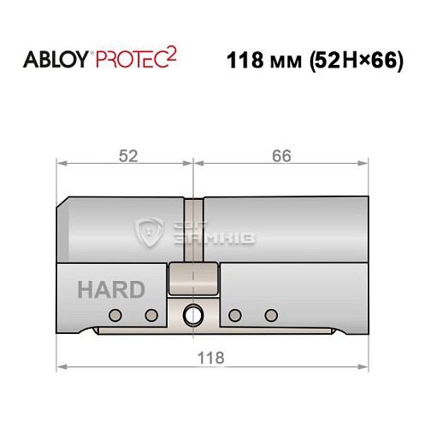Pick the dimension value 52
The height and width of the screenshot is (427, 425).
point(127,155)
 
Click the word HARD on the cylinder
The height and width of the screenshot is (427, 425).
point(111,290)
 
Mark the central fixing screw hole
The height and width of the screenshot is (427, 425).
point(194,314)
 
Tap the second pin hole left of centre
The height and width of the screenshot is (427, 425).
point(151,315)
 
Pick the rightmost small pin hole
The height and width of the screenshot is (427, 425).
point(272,315)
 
